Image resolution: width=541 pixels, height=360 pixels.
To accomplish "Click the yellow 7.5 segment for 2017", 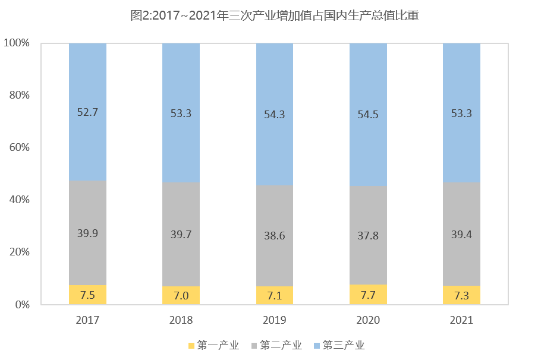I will point(87,295).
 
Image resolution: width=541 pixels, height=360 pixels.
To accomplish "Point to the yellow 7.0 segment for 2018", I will point(181,295).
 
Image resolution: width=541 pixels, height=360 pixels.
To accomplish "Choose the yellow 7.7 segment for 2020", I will point(368,295).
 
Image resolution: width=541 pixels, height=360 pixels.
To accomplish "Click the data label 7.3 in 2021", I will point(461,295).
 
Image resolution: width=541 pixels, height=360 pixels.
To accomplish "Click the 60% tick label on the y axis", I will point(18,147).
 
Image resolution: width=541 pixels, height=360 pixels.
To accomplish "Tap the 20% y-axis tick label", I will point(18,252).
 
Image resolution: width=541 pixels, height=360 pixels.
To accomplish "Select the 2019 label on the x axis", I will point(274,320).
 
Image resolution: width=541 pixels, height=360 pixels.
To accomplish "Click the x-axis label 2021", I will point(461,320).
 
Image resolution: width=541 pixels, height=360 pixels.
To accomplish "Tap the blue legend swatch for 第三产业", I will point(316,346).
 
